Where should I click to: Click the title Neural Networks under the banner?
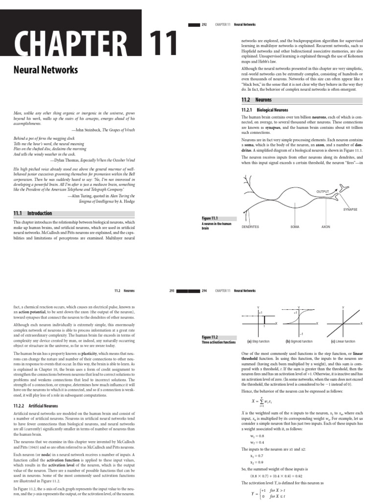(x=46, y=70)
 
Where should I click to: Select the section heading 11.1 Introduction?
(x=33, y=213)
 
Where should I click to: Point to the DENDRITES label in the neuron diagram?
(x=250, y=227)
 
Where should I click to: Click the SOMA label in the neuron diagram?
(x=294, y=227)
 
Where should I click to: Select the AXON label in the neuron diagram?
(x=326, y=227)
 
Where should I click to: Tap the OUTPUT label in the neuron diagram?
(x=324, y=191)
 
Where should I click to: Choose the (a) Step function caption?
(x=259, y=341)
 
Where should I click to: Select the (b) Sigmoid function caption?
(x=299, y=341)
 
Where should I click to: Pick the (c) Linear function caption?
(x=342, y=341)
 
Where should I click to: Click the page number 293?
(x=172, y=291)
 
